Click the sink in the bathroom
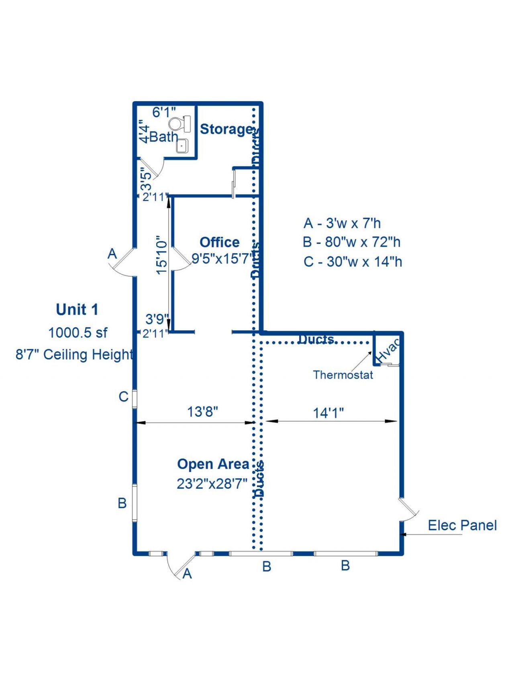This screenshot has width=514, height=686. (182, 145)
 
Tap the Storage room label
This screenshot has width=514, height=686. (226, 129)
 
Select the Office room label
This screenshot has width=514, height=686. (220, 242)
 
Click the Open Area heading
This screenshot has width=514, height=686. (213, 464)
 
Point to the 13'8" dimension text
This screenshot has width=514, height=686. (203, 412)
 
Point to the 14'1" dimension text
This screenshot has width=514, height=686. (328, 413)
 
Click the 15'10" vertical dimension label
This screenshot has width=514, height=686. (161, 255)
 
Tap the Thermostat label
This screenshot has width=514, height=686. (343, 375)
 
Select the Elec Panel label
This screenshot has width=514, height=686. (462, 525)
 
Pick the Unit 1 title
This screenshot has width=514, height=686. (77, 309)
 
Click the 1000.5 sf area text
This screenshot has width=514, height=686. (78, 333)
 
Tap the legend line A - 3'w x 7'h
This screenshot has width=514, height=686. (342, 223)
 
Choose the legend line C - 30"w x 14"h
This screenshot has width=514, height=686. (353, 262)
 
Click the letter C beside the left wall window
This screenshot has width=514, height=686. (123, 397)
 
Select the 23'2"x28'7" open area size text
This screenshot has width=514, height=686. (212, 483)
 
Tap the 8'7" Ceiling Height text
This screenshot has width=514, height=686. (74, 354)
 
